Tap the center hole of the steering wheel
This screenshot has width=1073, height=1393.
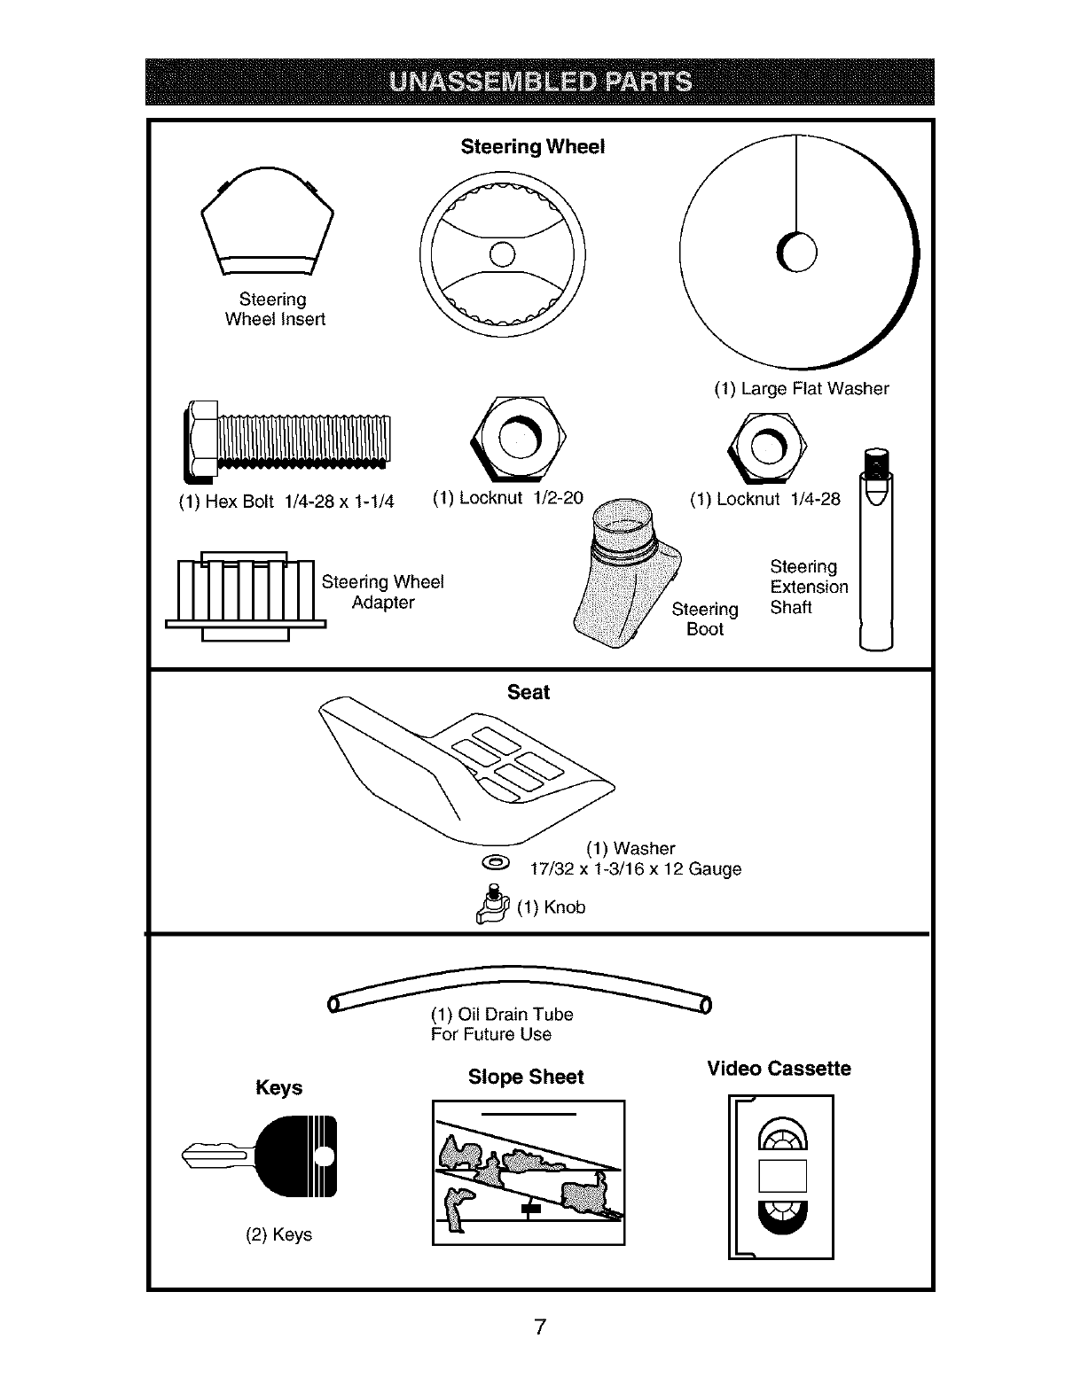click(x=502, y=253)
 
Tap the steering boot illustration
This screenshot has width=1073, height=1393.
click(x=624, y=576)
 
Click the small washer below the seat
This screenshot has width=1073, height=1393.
click(x=494, y=862)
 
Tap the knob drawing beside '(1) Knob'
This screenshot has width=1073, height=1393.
click(x=490, y=907)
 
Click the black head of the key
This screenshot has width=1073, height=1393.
click(x=298, y=1156)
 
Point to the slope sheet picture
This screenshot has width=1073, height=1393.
click(x=529, y=1171)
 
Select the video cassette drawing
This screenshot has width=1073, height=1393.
click(x=781, y=1176)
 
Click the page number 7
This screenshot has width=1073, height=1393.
click(x=539, y=1327)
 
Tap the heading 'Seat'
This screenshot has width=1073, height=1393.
click(x=529, y=692)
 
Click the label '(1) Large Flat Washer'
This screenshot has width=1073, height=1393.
click(x=801, y=388)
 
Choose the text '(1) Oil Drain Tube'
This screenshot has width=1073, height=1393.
click(x=502, y=1014)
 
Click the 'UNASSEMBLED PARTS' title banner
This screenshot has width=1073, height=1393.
click(x=540, y=82)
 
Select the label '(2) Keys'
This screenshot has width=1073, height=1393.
click(x=278, y=1234)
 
